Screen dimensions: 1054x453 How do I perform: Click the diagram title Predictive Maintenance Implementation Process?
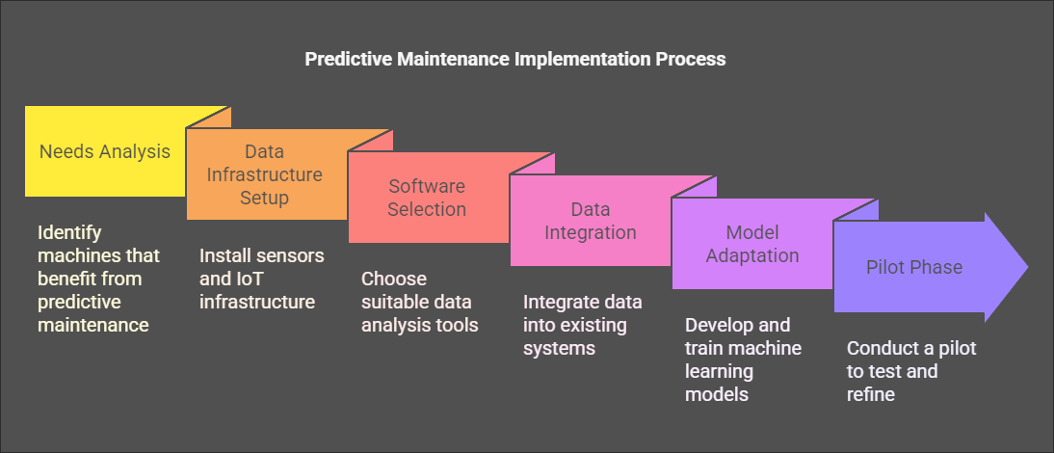click(x=514, y=59)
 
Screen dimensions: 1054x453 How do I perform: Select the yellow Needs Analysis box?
click(x=105, y=151)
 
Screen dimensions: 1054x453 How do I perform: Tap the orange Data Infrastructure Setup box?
click(x=266, y=174)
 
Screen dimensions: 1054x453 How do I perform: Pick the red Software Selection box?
click(x=428, y=197)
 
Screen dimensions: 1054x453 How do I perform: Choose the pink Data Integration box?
click(x=591, y=221)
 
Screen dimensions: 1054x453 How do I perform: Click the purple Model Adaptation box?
click(x=752, y=243)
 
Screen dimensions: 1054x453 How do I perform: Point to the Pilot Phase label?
click(x=914, y=267)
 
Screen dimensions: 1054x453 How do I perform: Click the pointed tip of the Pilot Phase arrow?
click(x=1028, y=267)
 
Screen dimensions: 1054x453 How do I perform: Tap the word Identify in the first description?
click(x=70, y=233)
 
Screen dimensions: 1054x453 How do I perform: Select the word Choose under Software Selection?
click(x=394, y=279)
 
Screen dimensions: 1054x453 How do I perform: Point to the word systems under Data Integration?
click(x=559, y=348)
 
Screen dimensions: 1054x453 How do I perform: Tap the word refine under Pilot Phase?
click(x=871, y=394)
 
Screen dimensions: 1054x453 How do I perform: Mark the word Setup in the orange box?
click(x=265, y=198)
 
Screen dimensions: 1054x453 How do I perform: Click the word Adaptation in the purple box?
click(x=752, y=255)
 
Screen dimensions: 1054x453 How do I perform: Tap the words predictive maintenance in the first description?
click(x=92, y=314)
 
